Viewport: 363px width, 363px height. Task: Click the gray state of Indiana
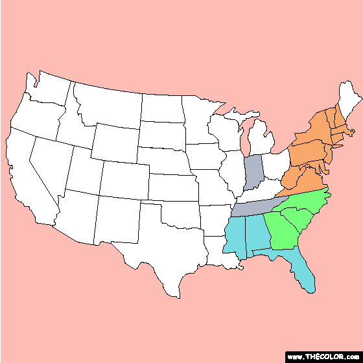[x=253, y=172]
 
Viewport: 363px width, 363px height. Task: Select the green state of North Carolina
[x=305, y=201]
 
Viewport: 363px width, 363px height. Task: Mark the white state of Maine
[x=349, y=104]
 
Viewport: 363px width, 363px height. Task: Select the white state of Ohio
[x=275, y=165]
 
